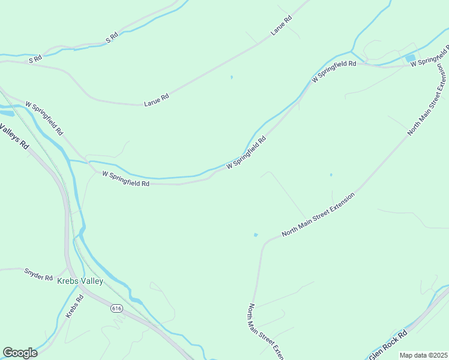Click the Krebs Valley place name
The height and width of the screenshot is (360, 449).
pos(80,281)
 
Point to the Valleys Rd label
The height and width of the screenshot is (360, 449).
pos(15,136)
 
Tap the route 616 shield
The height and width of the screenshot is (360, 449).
pos(116,308)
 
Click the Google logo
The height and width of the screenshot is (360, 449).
pos(20,353)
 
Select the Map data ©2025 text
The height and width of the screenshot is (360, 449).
pos(423,355)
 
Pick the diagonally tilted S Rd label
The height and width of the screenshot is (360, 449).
pos(112,38)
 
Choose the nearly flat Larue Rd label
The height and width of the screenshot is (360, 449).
pos(156,100)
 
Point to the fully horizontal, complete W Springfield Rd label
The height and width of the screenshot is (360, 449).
pos(125,179)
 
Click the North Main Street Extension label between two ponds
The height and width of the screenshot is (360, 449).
pos(318,214)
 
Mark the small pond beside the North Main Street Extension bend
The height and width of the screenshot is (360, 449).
pos(256,235)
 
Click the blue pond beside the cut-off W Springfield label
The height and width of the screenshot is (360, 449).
pos(411,58)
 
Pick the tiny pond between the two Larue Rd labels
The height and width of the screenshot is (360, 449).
pos(231,77)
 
